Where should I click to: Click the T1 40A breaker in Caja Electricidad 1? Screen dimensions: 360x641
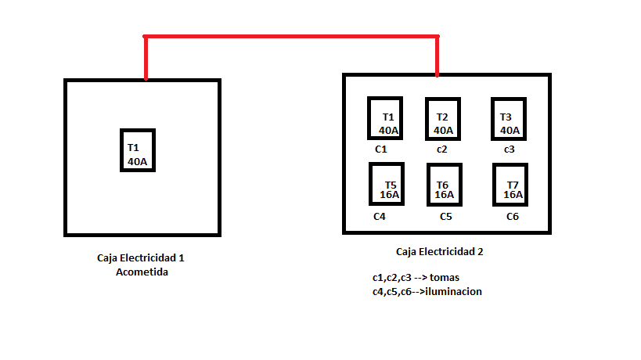[x=138, y=151]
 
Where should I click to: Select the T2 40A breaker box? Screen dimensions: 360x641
[x=442, y=118]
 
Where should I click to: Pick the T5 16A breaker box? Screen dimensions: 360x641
[x=387, y=184]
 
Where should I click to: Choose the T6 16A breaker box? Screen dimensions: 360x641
[x=444, y=185]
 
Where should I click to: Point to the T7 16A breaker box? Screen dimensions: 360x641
[x=511, y=184]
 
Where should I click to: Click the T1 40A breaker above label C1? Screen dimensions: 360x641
[x=385, y=118]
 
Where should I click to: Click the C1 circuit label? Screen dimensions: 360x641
[x=381, y=149]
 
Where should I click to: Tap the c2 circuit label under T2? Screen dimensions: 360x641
[x=442, y=149]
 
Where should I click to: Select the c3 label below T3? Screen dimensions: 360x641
[x=510, y=149]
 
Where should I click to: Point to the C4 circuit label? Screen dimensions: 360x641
[x=380, y=216]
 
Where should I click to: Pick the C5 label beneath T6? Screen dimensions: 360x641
[x=446, y=216]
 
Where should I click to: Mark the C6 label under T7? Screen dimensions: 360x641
[x=513, y=216]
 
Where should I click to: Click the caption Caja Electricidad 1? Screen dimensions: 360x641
[x=141, y=257]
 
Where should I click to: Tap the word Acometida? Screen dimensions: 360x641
[x=142, y=272]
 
